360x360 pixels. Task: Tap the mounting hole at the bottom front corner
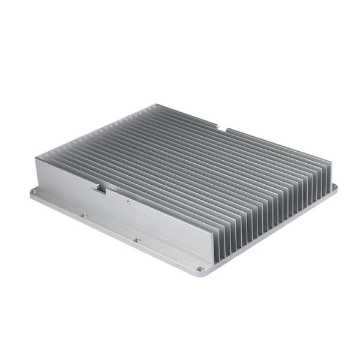pos(200,268)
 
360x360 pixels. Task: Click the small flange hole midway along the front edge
pos(137,240)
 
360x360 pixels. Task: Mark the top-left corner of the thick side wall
pos(37,158)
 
